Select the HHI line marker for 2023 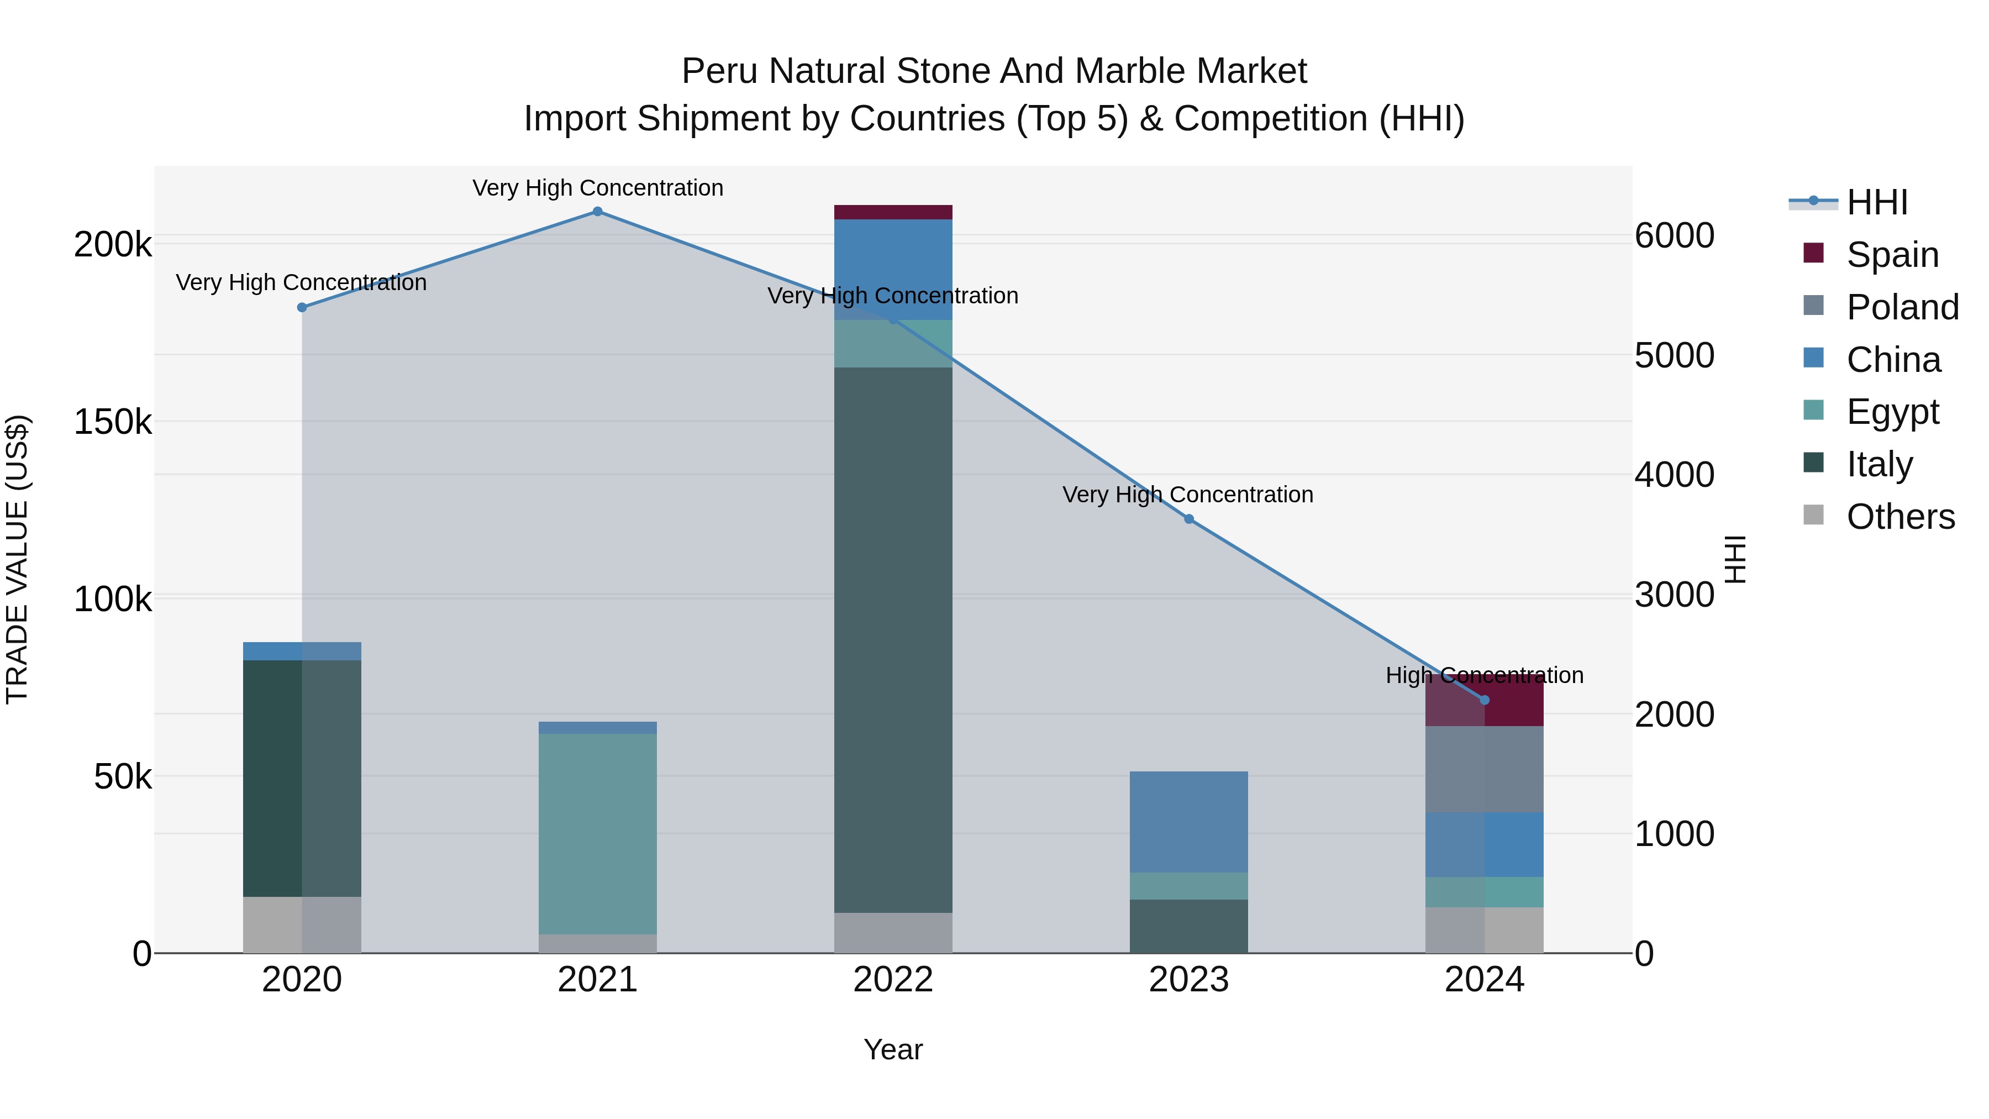[1188, 519]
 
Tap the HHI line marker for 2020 [302, 307]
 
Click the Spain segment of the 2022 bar [893, 212]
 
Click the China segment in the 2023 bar [1188, 822]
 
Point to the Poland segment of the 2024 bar [1483, 769]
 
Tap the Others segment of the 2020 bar [302, 924]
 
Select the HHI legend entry [1876, 202]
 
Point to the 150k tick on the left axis [113, 422]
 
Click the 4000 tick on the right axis [1674, 474]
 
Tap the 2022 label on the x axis [893, 980]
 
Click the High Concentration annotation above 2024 [1483, 675]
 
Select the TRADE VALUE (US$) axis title [17, 559]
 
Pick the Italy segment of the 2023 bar [1188, 926]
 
